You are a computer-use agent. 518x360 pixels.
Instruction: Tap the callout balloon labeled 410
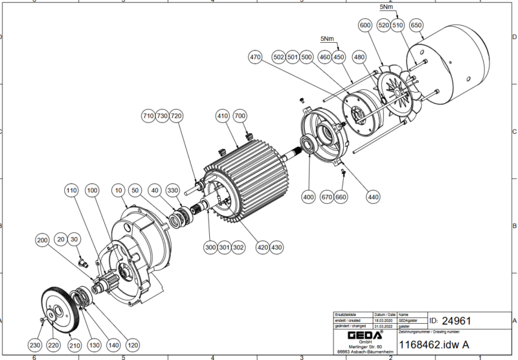click(x=223, y=117)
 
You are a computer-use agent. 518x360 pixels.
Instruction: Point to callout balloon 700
click(x=240, y=117)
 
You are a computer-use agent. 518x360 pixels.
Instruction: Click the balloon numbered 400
click(x=308, y=196)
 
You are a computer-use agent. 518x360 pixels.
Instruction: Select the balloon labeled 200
click(x=42, y=240)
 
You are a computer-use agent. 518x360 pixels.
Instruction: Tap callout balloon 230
click(x=34, y=346)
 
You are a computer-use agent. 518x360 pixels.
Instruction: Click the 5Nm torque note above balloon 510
click(x=385, y=6)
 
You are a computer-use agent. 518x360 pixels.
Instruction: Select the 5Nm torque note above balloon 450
click(x=328, y=39)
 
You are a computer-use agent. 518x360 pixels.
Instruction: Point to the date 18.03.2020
click(x=382, y=320)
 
